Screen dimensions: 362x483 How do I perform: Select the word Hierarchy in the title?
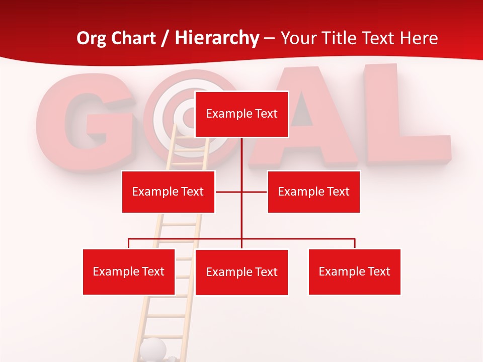(x=217, y=38)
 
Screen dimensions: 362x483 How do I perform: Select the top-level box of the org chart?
(x=242, y=114)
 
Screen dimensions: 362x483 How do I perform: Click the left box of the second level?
(x=168, y=192)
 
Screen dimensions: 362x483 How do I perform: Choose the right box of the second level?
(x=313, y=192)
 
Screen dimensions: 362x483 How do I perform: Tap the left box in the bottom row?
(x=129, y=272)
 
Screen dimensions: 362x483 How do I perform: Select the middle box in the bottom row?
(x=242, y=273)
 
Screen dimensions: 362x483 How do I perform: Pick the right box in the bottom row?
(x=354, y=272)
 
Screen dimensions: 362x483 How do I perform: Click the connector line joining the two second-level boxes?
(x=229, y=192)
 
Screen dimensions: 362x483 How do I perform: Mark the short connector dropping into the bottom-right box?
(x=355, y=243)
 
